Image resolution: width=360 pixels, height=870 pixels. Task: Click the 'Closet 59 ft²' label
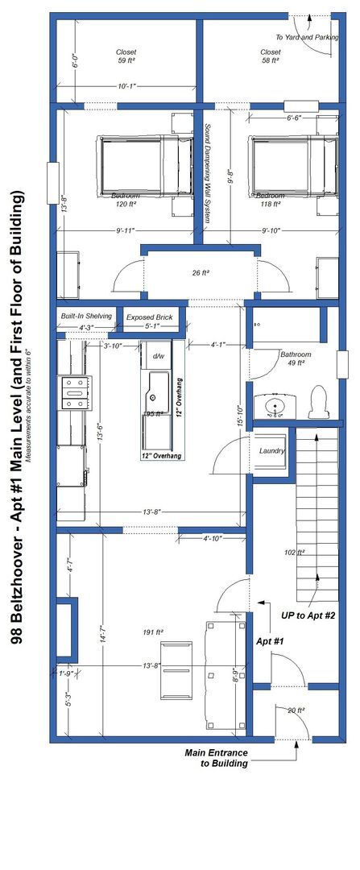coord(126,56)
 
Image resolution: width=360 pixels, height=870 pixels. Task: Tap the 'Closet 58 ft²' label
coord(271,56)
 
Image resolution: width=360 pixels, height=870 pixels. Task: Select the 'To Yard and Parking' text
coord(307,37)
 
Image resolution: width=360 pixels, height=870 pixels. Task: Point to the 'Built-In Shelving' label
coord(85,317)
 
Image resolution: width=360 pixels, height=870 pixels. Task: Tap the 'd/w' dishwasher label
coord(159,356)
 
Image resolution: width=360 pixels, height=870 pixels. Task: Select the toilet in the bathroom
coord(318,402)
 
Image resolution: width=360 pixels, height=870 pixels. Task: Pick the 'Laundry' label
coord(272,451)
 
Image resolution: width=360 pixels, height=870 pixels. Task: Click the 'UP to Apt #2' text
coord(308,615)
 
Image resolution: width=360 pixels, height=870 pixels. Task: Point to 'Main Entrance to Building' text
coord(217,758)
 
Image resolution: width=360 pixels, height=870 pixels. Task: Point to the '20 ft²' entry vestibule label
coord(295,710)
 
